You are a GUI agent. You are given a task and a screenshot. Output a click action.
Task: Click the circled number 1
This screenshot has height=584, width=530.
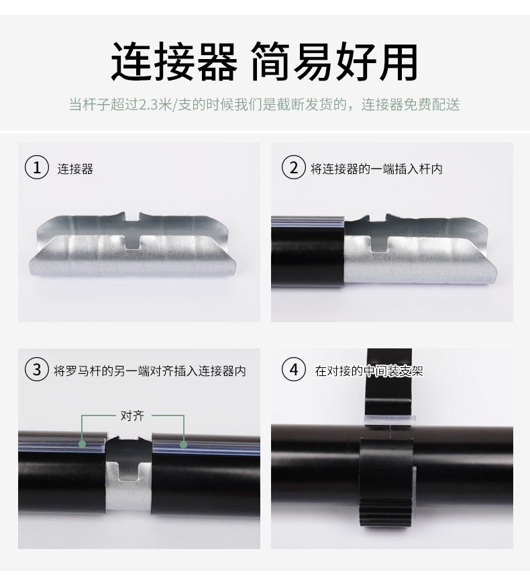(x=37, y=167)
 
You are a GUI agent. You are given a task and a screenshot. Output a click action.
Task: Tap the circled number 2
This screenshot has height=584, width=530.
(x=293, y=167)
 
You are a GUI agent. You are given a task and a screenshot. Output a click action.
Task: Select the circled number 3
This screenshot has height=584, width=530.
(x=37, y=369)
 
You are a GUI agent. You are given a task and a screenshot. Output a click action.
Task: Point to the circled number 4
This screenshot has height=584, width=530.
(x=293, y=369)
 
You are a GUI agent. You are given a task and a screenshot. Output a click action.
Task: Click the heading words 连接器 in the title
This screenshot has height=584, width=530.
(x=174, y=62)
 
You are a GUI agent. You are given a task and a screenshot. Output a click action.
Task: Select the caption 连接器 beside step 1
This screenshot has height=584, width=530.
(x=75, y=168)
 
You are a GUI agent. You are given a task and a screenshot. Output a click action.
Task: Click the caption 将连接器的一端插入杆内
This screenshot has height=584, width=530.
(x=376, y=168)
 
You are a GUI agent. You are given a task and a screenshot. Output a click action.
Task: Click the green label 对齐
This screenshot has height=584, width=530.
(x=132, y=416)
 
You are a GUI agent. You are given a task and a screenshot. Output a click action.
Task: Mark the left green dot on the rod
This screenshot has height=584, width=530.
(x=82, y=444)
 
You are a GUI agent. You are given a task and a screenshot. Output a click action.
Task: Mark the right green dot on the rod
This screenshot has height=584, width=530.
(x=183, y=444)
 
